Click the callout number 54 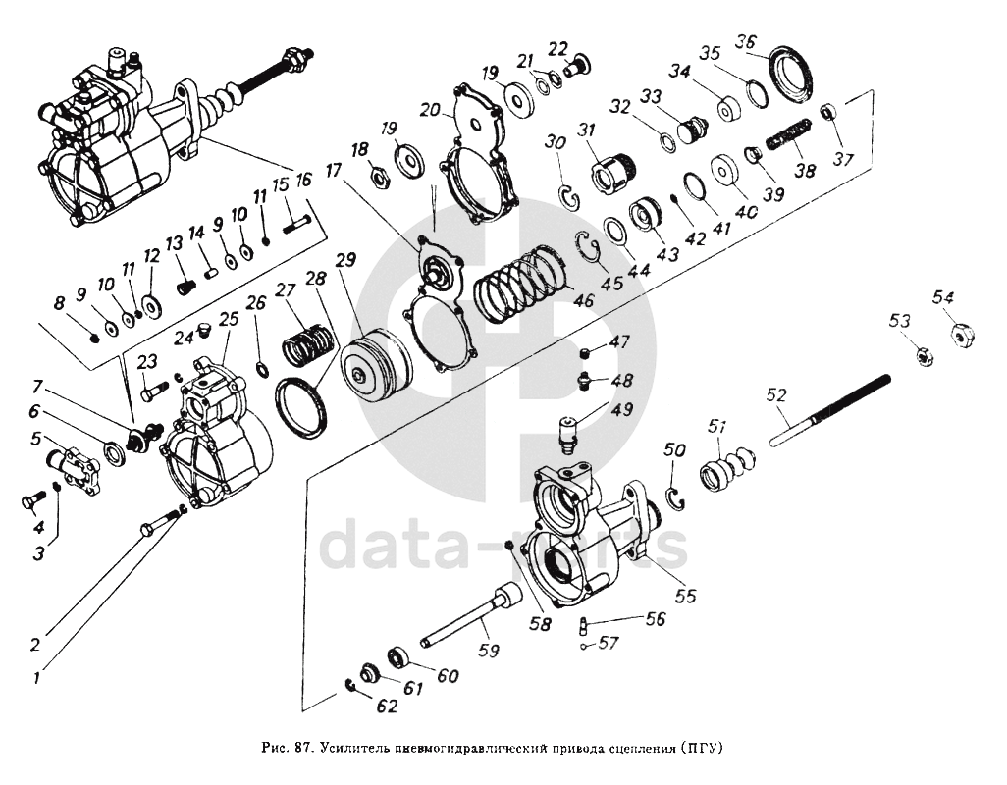tap(943, 296)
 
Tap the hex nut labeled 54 tap(962, 335)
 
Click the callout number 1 tap(38, 677)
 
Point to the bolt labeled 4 tap(30, 501)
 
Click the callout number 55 tap(686, 595)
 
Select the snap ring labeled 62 tap(353, 685)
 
